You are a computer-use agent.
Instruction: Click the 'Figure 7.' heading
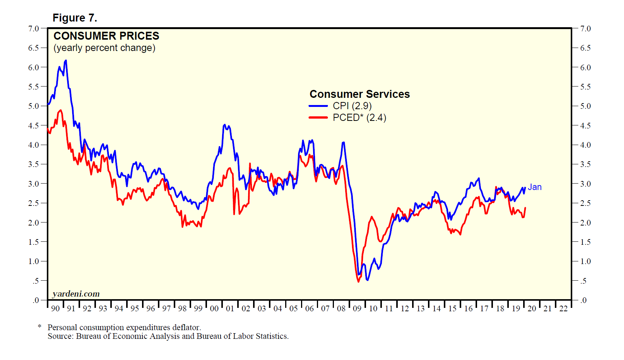[x=75, y=18]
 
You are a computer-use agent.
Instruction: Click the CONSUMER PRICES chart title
[x=106, y=36]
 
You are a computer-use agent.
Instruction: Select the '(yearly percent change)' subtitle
[x=104, y=48]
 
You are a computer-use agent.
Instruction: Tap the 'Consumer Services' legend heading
[x=360, y=94]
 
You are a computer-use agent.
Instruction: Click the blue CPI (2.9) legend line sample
[x=318, y=106]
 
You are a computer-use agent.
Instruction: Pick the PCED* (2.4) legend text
[x=359, y=117]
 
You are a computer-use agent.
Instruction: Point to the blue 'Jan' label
[x=534, y=187]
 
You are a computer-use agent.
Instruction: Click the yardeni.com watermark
[x=76, y=294]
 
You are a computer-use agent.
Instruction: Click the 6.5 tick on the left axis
[x=34, y=48]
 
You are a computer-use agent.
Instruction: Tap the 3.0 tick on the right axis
[x=585, y=184]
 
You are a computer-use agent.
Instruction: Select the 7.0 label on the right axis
[x=585, y=29]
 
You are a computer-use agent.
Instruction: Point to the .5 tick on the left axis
[x=36, y=281]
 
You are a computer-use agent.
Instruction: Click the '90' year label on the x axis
[x=55, y=309]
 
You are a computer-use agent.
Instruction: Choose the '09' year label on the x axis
[x=357, y=309]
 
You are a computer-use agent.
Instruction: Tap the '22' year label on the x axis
[x=563, y=309]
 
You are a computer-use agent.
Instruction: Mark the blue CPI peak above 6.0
[x=66, y=60]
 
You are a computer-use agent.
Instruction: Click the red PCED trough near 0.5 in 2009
[x=358, y=281]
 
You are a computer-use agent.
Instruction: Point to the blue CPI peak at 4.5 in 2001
[x=225, y=125]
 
